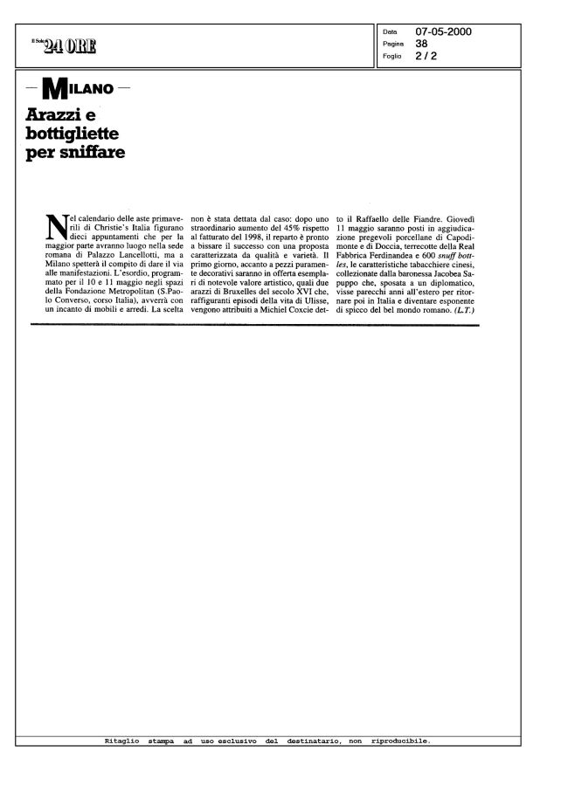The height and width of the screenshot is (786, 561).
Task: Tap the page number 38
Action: pyautogui.click(x=421, y=43)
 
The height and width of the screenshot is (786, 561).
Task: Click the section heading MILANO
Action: pyautogui.click(x=82, y=89)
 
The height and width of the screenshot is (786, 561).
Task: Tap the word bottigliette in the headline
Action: pyautogui.click(x=72, y=134)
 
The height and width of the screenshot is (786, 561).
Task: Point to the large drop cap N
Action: pyautogui.click(x=55, y=230)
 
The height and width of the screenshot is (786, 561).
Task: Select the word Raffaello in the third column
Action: pyautogui.click(x=371, y=215)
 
